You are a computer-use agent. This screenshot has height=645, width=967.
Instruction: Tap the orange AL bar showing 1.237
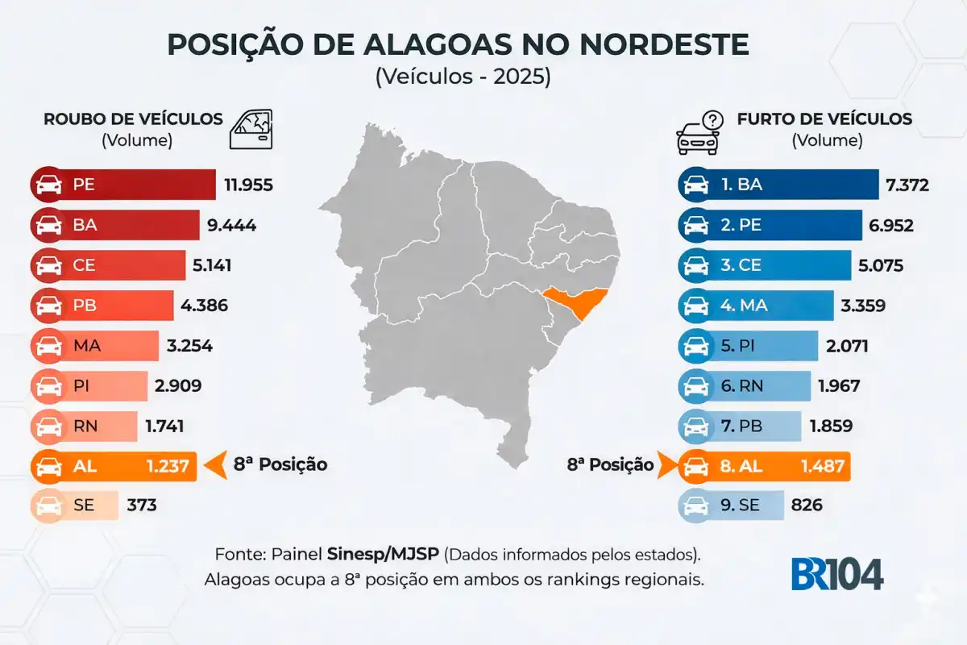tap(114, 465)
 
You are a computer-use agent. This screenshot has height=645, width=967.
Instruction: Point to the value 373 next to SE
tap(142, 506)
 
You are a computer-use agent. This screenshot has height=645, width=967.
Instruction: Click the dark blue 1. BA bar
tap(778, 185)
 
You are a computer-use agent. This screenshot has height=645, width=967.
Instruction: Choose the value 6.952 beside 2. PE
tap(887, 225)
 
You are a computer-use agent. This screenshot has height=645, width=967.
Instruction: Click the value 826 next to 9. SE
tap(807, 506)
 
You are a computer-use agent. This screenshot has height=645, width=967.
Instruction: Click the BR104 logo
tap(836, 573)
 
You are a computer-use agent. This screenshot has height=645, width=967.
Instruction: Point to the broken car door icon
tap(252, 129)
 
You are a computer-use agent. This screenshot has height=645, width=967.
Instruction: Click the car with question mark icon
tap(699, 132)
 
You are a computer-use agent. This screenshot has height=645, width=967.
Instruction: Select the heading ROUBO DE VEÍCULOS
tap(133, 119)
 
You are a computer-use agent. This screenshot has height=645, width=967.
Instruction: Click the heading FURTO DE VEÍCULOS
tap(824, 119)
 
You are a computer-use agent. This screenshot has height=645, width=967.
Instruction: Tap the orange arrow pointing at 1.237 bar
tap(214, 465)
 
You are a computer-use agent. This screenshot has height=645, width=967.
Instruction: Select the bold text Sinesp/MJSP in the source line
tap(384, 555)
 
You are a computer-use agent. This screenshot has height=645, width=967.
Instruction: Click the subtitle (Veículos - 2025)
tap(463, 77)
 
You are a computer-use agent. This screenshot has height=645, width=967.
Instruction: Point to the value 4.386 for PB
tap(205, 306)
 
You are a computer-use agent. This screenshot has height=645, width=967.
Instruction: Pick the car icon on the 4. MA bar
tap(695, 306)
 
